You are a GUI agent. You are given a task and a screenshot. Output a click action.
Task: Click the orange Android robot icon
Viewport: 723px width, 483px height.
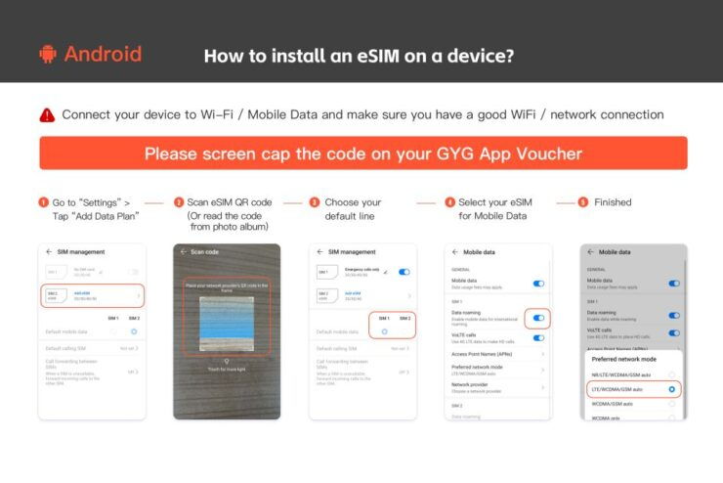click(x=47, y=54)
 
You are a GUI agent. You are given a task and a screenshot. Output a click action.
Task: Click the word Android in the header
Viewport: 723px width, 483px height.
click(x=103, y=54)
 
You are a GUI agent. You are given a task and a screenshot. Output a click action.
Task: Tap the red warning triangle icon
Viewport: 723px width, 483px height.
click(x=47, y=115)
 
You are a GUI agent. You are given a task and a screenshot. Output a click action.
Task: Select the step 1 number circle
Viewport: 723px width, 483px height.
click(x=43, y=202)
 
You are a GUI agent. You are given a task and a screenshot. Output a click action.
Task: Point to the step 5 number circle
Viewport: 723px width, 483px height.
click(x=582, y=202)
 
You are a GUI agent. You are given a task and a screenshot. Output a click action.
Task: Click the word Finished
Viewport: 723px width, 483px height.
click(x=613, y=202)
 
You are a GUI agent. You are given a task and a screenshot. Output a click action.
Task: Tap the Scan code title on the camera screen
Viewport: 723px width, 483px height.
click(x=206, y=252)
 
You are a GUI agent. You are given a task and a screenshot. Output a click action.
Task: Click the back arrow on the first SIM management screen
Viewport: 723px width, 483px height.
click(x=50, y=252)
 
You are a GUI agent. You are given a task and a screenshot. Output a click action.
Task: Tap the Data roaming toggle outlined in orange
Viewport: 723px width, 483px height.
click(x=538, y=318)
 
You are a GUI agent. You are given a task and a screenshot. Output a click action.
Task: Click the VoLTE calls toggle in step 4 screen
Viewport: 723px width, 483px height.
click(x=538, y=337)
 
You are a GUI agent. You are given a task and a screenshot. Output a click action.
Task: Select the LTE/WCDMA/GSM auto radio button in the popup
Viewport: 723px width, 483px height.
click(x=671, y=388)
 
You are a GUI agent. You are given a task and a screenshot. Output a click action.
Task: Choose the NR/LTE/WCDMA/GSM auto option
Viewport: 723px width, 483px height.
click(x=626, y=373)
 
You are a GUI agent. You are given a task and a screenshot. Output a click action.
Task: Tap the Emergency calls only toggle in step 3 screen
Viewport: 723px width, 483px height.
click(x=404, y=272)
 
